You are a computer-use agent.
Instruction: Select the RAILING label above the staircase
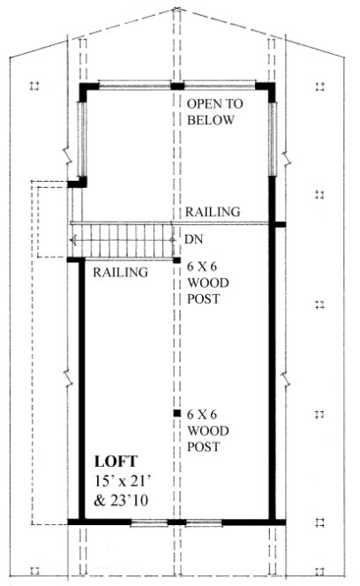[x=213, y=212]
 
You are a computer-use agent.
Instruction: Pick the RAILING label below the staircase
[x=120, y=272]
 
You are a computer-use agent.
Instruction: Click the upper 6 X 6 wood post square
[x=177, y=263]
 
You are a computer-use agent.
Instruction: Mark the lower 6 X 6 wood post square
[x=177, y=412]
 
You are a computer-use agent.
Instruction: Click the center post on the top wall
[x=177, y=86]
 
